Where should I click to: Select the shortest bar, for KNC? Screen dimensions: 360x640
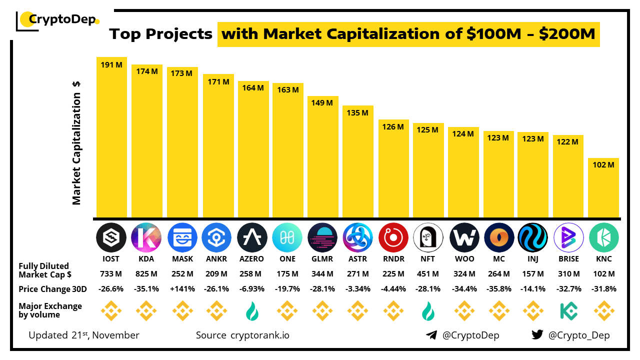[x=604, y=187]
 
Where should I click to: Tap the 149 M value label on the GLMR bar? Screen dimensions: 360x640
[x=322, y=103]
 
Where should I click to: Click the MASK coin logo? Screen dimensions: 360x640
[x=182, y=237]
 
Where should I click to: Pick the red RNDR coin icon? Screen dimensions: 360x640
[x=393, y=237]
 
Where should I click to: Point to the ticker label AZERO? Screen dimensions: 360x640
[x=252, y=259]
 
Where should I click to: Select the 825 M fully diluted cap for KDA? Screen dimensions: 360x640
[x=147, y=274]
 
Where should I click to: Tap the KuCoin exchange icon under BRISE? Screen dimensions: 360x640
[x=569, y=311]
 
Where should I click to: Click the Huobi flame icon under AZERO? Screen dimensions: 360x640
[x=252, y=311]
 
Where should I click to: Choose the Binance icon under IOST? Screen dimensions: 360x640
[x=111, y=311]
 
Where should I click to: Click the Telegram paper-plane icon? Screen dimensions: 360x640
[x=431, y=335]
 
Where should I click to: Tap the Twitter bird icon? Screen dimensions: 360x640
[x=537, y=335]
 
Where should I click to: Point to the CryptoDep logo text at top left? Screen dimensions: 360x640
[x=63, y=19]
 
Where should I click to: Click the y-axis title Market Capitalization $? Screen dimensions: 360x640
[x=76, y=142]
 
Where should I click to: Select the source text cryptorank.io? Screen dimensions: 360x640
[x=259, y=335]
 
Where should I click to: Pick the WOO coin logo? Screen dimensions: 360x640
[x=464, y=237]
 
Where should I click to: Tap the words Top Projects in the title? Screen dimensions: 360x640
[x=161, y=34]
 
